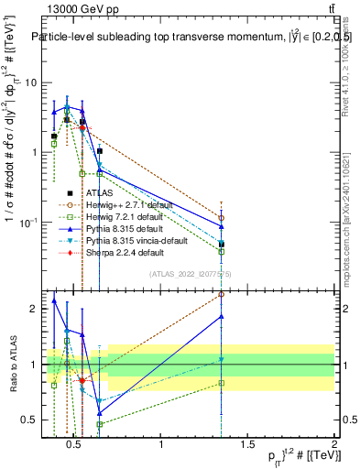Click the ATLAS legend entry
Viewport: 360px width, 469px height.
pos(100,193)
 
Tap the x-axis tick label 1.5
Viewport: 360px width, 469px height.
pos(247,446)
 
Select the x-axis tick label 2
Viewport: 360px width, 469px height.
pos(333,446)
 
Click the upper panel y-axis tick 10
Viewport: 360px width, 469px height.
pos(29,82)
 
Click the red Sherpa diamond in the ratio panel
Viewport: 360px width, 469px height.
pos(82,380)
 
